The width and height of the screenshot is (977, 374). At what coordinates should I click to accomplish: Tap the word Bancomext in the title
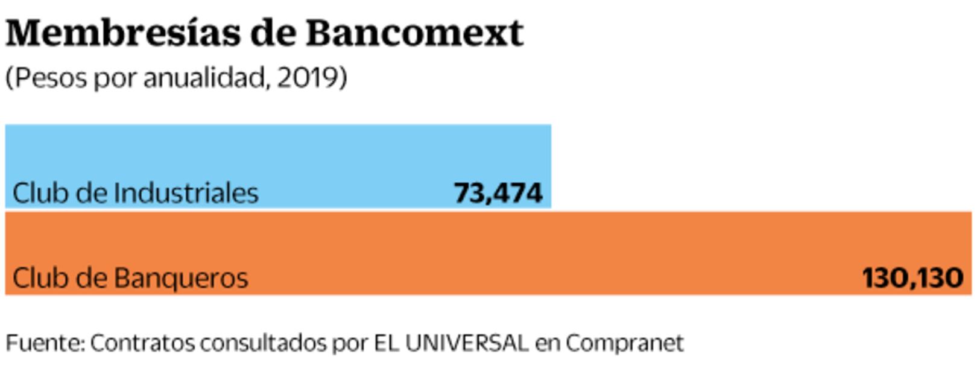coord(414,33)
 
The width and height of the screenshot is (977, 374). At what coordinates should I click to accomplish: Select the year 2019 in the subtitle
coord(308,78)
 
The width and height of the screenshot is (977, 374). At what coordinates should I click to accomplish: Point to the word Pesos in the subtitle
coord(51,78)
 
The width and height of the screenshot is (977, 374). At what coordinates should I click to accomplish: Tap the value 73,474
coord(498,193)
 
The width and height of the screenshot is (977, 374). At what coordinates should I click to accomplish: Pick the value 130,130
coord(912,278)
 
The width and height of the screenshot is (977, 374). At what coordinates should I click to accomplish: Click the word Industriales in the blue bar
coord(186,193)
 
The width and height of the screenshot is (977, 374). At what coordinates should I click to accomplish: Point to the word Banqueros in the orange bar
coord(180,278)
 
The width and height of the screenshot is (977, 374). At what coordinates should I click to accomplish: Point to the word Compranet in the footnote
coord(624,343)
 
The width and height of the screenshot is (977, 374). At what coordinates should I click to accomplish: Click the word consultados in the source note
coord(263,343)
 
